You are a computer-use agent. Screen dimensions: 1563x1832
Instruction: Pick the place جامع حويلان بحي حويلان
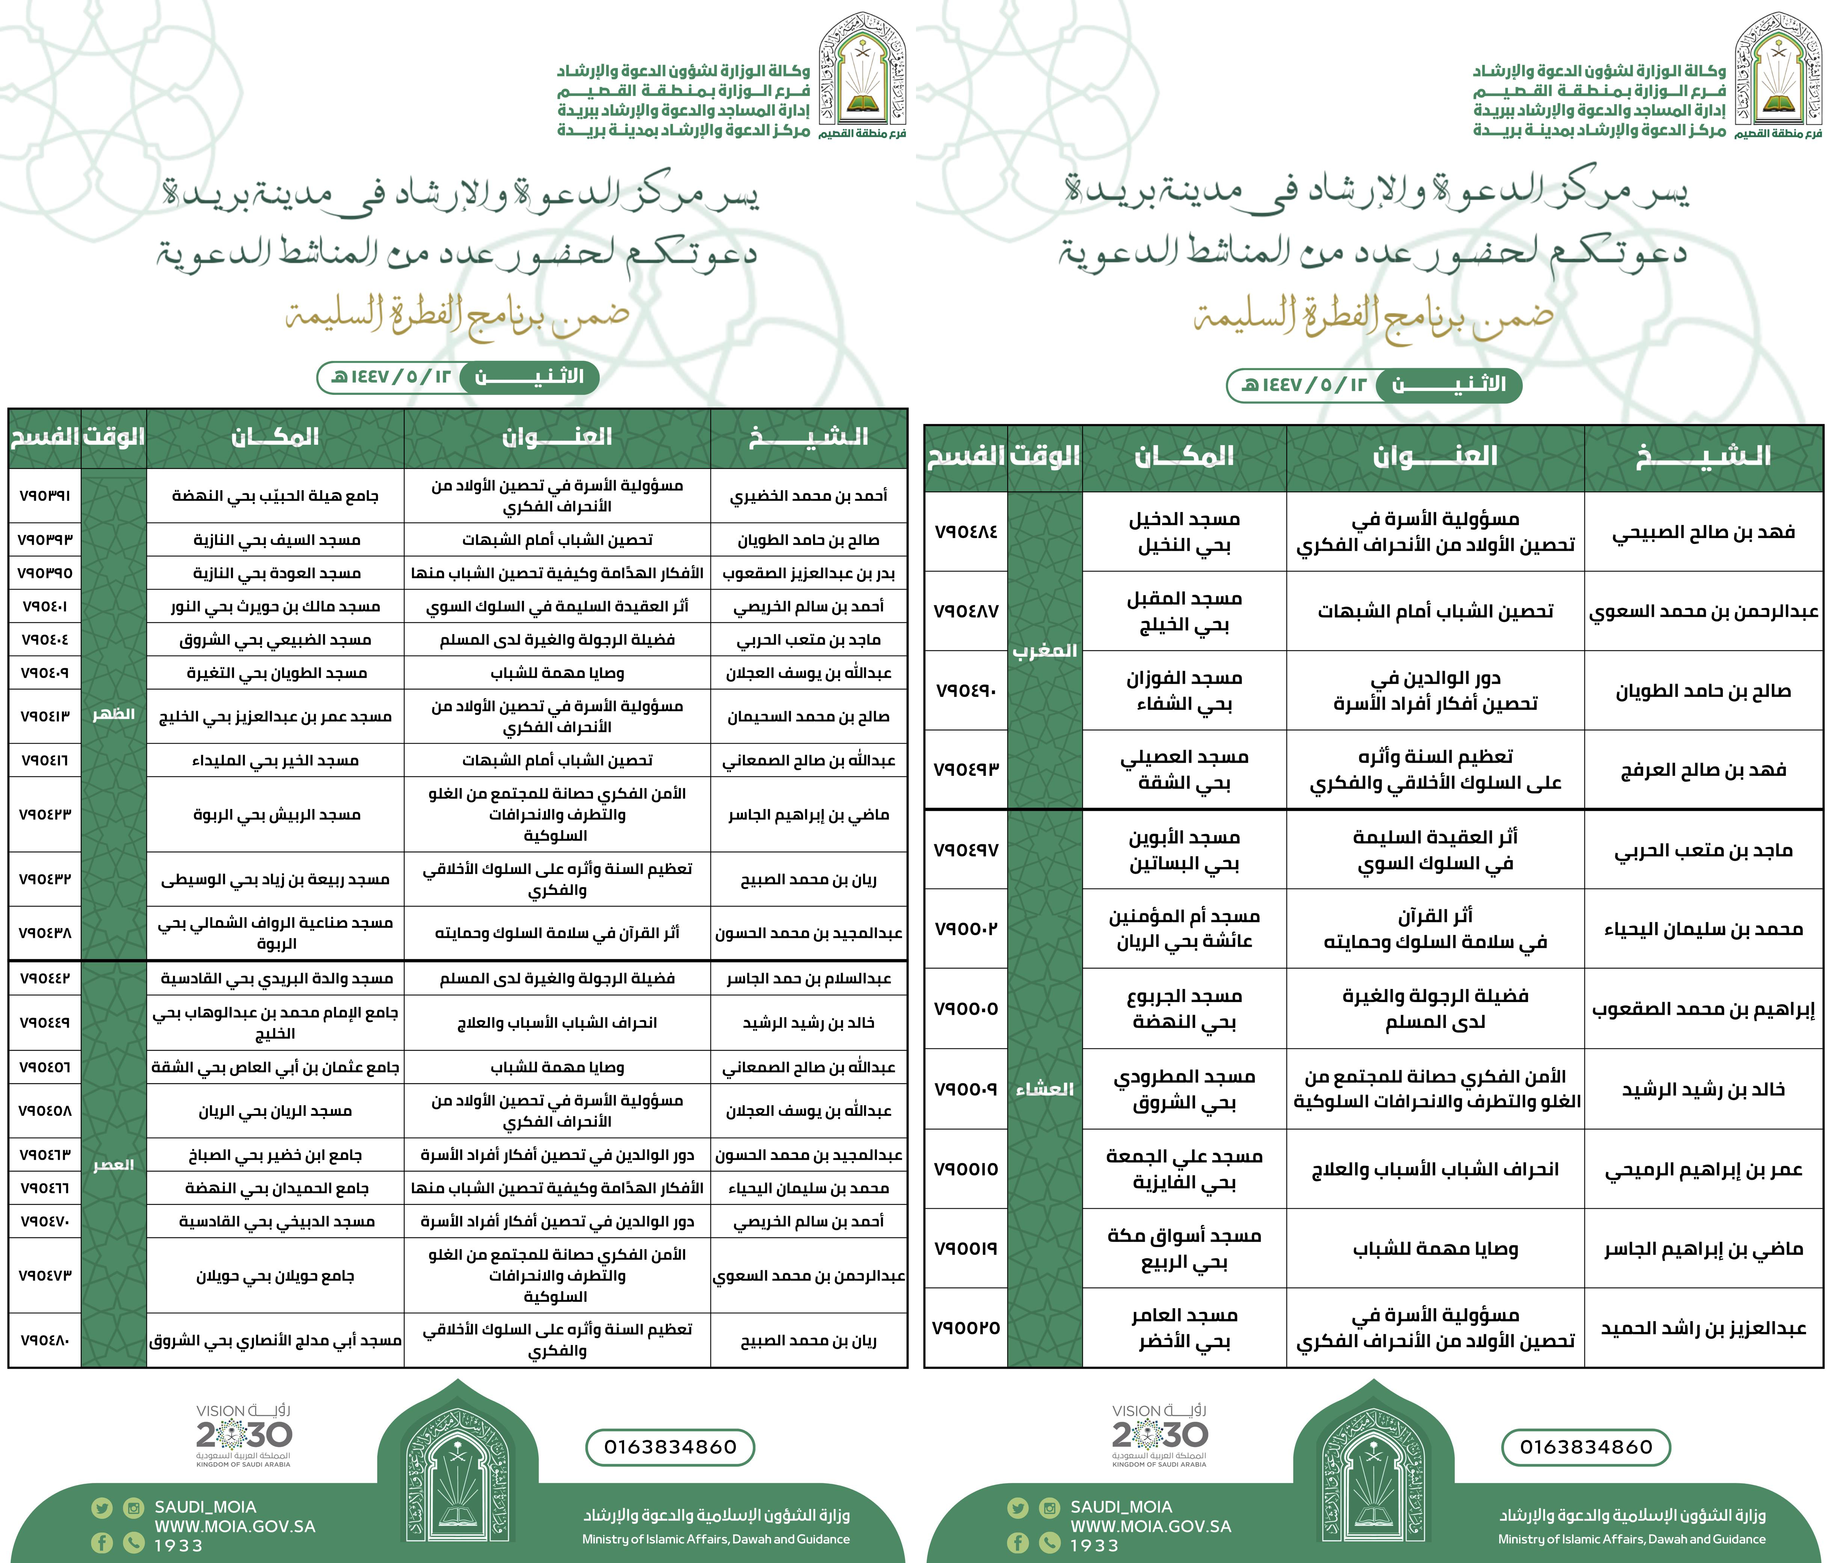[275, 1276]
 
